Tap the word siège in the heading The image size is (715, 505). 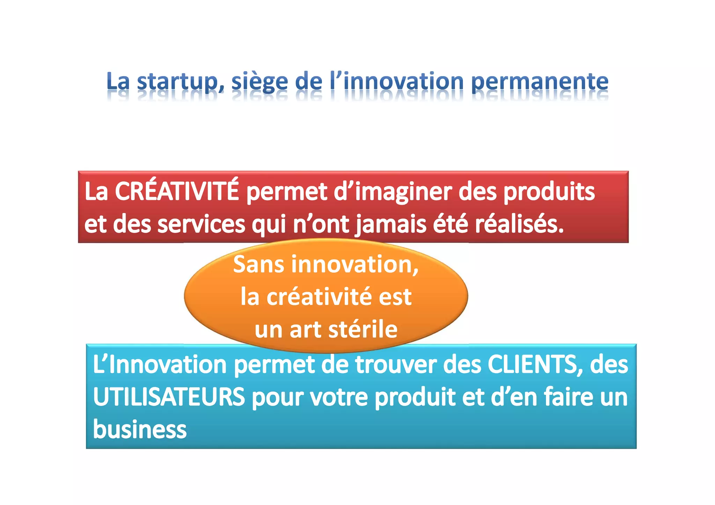point(259,82)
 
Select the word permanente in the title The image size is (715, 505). point(540,82)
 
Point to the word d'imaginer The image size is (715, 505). point(393,192)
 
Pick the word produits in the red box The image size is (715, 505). point(549,192)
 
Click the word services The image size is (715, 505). point(201,224)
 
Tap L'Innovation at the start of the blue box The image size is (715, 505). point(160,364)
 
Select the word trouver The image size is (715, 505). point(395,364)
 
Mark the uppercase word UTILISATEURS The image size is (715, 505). point(169,397)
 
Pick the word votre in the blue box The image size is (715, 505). point(339,397)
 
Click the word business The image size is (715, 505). point(140,429)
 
